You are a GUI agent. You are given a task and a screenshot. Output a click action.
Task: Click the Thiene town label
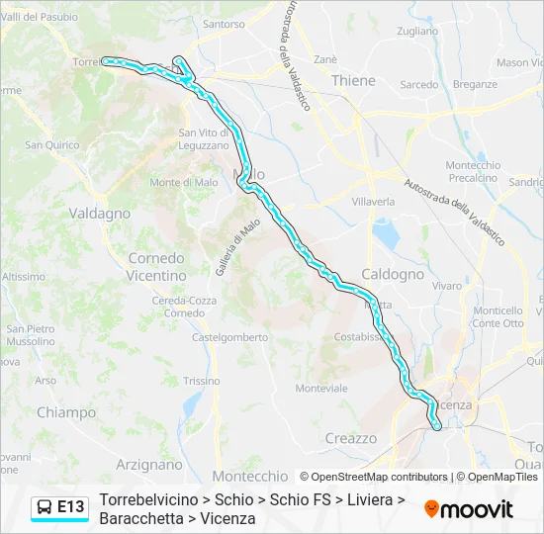(x=354, y=80)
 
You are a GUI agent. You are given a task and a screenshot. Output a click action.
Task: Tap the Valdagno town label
(x=99, y=213)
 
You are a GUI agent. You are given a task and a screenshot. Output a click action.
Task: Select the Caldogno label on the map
(x=393, y=274)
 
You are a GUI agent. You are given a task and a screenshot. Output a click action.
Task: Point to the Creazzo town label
(x=351, y=437)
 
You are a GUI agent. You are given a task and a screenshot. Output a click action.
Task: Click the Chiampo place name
(x=66, y=412)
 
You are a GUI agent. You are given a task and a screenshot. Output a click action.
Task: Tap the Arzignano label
(x=149, y=463)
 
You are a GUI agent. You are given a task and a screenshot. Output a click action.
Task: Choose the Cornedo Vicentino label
(x=156, y=266)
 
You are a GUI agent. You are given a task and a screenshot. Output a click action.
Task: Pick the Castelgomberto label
(x=229, y=337)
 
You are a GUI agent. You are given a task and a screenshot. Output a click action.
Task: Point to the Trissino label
(x=202, y=381)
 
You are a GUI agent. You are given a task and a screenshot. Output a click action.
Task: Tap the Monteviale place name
(x=321, y=388)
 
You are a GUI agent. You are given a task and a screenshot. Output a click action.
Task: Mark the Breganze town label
(x=475, y=85)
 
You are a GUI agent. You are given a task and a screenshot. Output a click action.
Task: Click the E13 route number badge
(x=71, y=507)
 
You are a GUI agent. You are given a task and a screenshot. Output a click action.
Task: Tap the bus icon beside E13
(x=45, y=507)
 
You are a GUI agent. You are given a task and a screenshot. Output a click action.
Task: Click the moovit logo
(x=469, y=509)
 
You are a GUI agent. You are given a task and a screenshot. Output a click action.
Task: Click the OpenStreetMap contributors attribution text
(x=380, y=477)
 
